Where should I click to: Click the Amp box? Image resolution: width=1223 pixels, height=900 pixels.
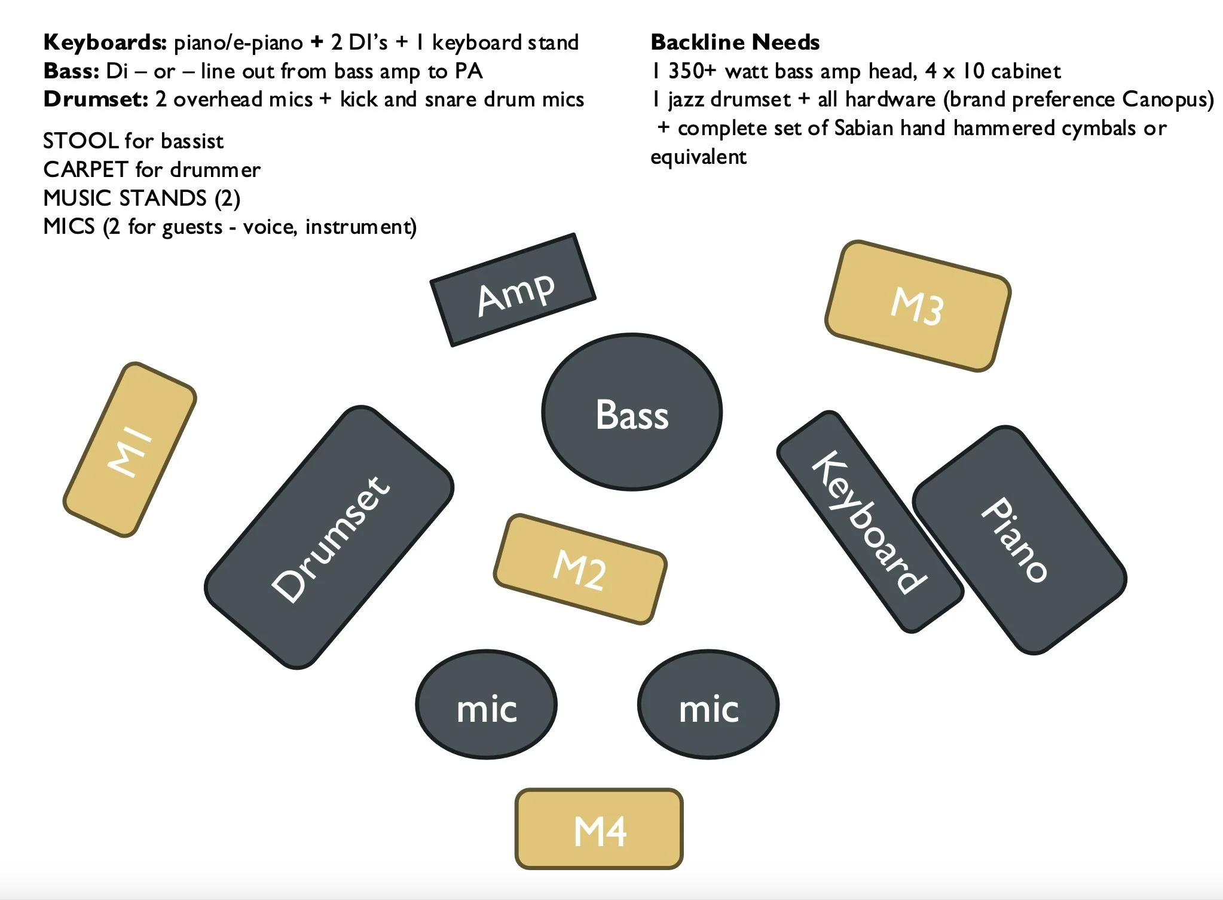coord(513,290)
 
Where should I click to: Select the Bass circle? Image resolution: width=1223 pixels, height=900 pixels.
coord(632,412)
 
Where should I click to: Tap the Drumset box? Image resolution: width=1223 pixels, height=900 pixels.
coord(329,537)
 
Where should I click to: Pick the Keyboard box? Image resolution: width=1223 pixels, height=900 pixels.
coord(869,521)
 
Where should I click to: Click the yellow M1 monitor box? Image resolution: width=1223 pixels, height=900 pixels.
coord(130,449)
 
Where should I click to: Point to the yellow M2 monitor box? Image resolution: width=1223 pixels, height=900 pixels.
coord(580,569)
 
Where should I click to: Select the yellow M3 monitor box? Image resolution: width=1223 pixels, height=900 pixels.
coord(918,306)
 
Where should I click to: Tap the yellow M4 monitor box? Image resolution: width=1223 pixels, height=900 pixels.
coord(599,829)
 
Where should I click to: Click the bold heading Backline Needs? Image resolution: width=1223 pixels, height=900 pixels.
coord(735,42)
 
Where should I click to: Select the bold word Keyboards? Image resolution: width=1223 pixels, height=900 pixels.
coord(105,42)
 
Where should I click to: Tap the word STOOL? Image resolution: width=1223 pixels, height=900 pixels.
coord(81,141)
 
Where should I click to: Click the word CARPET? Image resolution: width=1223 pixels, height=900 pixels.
coord(85,170)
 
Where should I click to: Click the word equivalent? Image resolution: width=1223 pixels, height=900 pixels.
coord(698,157)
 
